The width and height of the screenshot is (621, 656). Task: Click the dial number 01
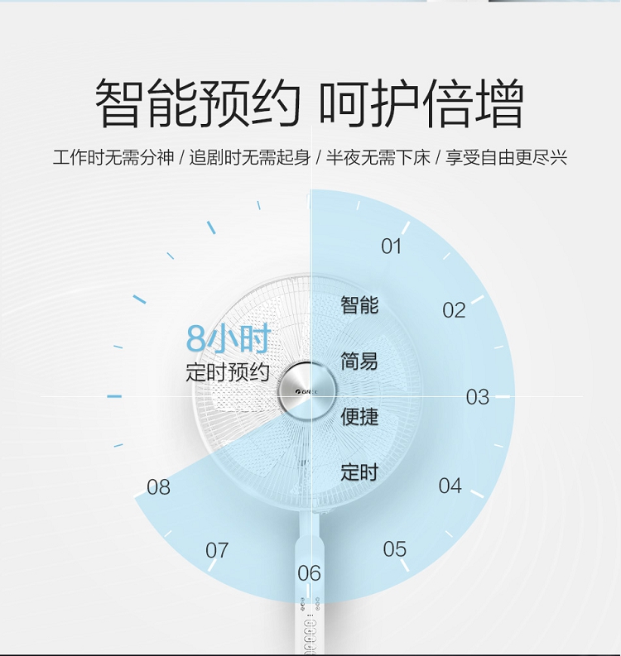tap(391, 246)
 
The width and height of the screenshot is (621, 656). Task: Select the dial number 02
tap(454, 310)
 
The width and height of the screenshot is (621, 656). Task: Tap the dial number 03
tap(478, 396)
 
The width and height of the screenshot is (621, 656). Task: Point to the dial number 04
tap(450, 486)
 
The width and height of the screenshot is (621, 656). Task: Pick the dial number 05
tap(394, 549)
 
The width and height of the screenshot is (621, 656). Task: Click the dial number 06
tap(309, 573)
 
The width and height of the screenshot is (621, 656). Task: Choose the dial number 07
tap(217, 550)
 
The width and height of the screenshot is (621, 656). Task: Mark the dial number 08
tap(158, 487)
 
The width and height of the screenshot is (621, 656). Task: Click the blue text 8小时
tap(229, 338)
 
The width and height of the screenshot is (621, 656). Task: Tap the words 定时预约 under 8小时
tap(228, 372)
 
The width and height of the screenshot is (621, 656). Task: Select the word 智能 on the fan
tap(359, 304)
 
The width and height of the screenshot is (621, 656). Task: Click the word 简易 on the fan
tap(359, 361)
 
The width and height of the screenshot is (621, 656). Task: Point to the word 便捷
tap(359, 416)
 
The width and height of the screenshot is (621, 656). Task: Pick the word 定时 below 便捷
tap(359, 472)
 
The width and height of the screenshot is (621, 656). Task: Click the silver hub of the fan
tap(307, 391)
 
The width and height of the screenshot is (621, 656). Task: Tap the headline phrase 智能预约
tap(198, 103)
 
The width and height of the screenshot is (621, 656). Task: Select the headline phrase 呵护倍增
tap(421, 103)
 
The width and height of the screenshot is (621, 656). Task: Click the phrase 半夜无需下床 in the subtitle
tap(378, 158)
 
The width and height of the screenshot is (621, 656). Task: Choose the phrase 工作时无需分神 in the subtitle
tap(113, 158)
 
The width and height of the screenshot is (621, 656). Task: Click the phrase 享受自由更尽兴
tap(506, 158)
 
